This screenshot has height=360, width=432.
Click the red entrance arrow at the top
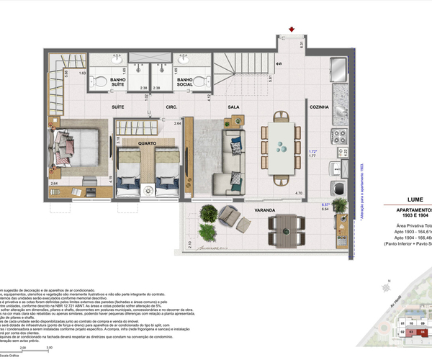click(291, 29)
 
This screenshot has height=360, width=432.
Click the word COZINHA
click(318, 107)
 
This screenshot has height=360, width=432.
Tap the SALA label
click(233, 107)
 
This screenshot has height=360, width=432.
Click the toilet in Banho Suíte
click(100, 81)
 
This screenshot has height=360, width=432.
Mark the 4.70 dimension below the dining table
click(297, 194)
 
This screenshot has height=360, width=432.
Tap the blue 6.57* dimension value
click(325, 204)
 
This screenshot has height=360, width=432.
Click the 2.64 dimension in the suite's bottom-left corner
click(54, 184)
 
